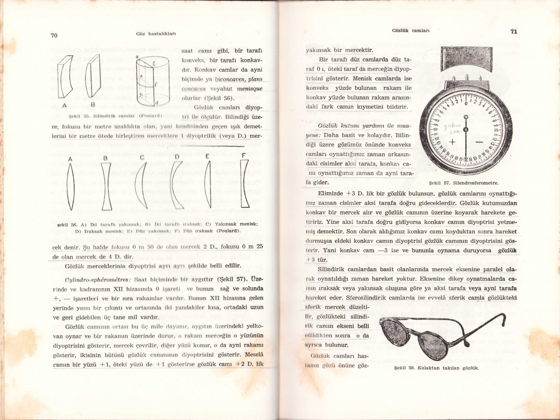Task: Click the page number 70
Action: pyautogui.click(x=54, y=35)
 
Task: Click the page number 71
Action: pyautogui.click(x=514, y=32)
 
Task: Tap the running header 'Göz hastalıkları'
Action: pyautogui.click(x=156, y=34)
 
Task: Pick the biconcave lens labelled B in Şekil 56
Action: pyautogui.click(x=106, y=186)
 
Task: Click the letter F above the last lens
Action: pyautogui.click(x=244, y=155)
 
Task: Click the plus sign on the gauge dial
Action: pyautogui.click(x=452, y=142)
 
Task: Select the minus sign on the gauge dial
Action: pyautogui.click(x=479, y=142)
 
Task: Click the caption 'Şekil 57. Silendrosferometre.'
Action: pyautogui.click(x=463, y=183)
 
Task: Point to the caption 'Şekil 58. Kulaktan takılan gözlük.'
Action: pyautogui.click(x=436, y=368)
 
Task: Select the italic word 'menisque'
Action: pyautogui.click(x=249, y=89)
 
